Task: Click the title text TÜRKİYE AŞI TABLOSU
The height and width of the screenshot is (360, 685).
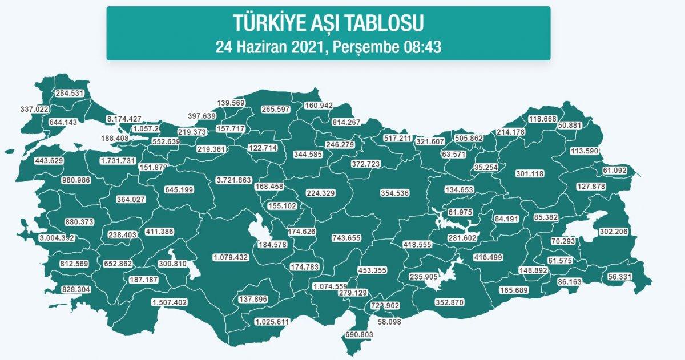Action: pos(328,23)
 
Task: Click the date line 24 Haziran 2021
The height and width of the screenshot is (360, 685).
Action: pos(328,46)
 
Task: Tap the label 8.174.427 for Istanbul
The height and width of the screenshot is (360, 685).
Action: pos(124,119)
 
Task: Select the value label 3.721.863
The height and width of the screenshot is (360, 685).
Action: pos(234,180)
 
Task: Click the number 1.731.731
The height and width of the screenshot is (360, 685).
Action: pos(118,161)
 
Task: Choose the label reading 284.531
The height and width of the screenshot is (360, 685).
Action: pos(70,94)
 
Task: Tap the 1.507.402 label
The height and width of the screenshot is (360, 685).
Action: pos(170,302)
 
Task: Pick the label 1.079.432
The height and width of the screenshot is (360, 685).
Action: pos(231,257)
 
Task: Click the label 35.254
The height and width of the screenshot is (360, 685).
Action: pos(490,168)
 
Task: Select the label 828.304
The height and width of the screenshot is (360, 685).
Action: pos(76,290)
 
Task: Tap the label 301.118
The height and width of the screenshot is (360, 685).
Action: pos(530,173)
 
